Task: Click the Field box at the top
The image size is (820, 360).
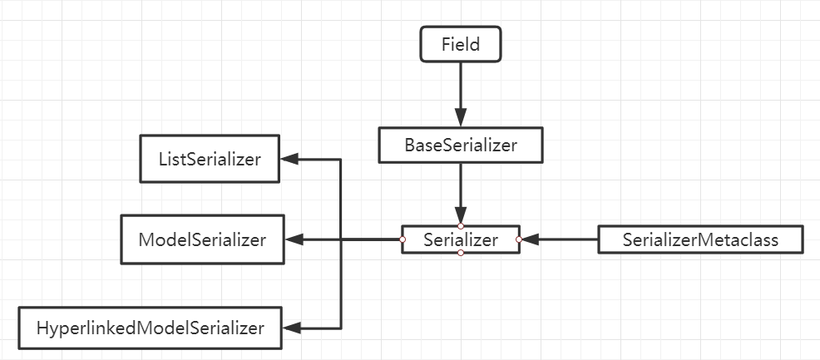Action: [x=460, y=44]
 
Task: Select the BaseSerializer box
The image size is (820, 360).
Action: [x=460, y=145]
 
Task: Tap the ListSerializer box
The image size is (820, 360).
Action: [x=209, y=158]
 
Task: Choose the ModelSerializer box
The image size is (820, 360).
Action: [x=202, y=239]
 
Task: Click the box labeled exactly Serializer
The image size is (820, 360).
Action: [x=460, y=239]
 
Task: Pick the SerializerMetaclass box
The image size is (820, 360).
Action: [x=700, y=239]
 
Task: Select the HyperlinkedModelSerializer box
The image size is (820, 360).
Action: [x=150, y=328]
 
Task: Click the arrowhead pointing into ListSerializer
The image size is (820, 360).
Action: [x=288, y=158]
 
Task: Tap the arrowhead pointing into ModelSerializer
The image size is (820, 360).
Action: [x=293, y=239]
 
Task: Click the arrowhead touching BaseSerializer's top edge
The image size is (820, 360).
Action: [x=460, y=119]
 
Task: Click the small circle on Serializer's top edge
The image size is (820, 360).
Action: [x=460, y=226]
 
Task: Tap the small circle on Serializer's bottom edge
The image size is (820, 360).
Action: [x=460, y=253]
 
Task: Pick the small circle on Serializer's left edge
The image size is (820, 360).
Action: [x=402, y=239]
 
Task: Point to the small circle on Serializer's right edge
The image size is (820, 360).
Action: [x=518, y=239]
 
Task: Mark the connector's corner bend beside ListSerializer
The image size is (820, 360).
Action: [x=341, y=158]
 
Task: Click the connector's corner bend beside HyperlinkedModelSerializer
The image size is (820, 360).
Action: [x=341, y=328]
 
